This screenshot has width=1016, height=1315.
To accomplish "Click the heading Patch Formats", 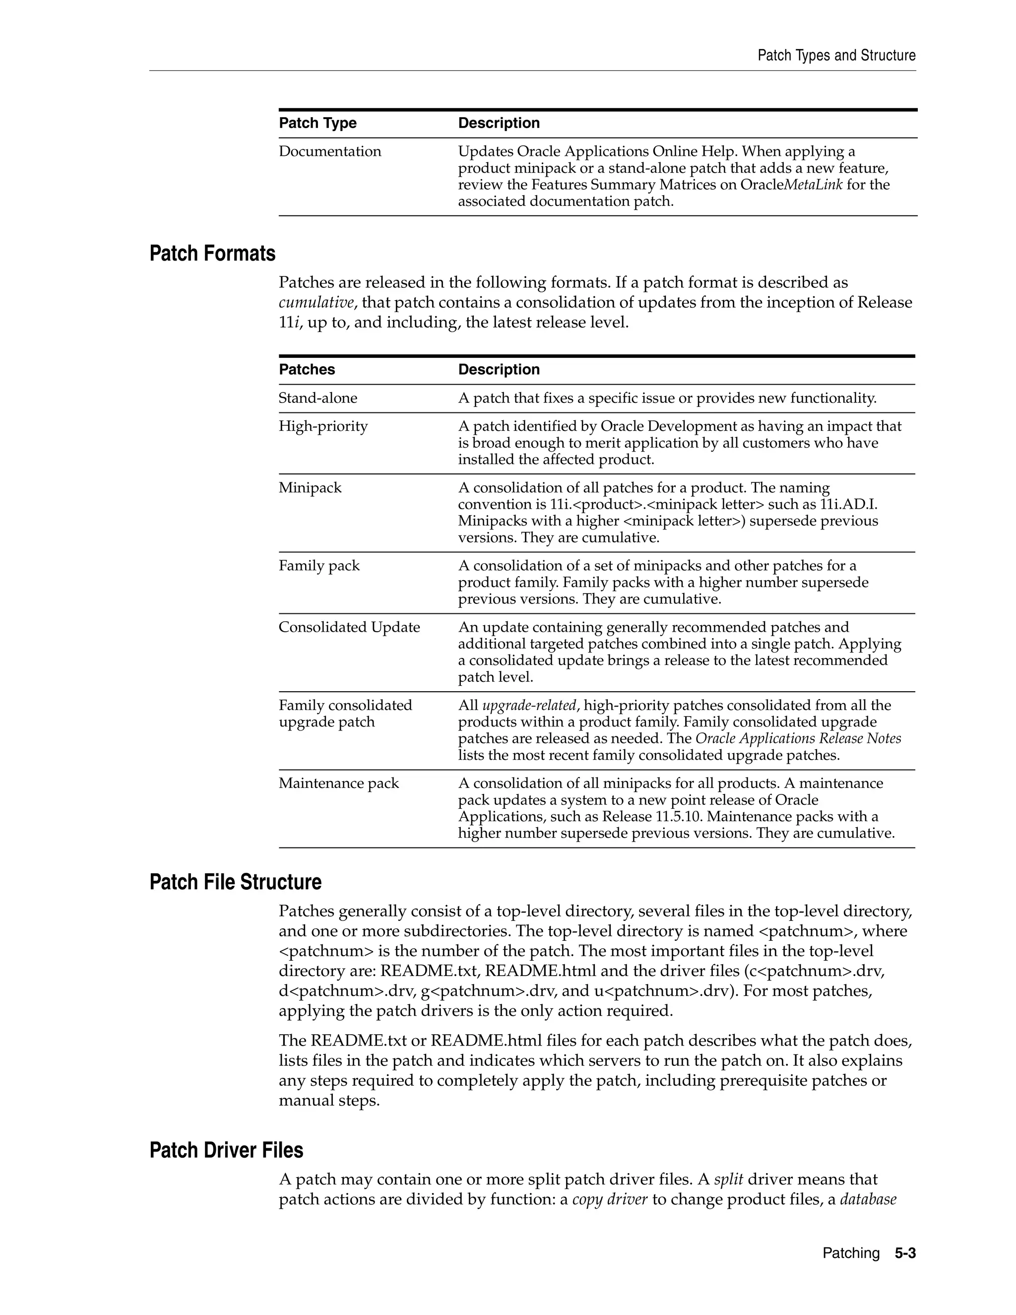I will (x=212, y=254).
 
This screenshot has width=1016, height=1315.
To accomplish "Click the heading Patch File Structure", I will (x=235, y=882).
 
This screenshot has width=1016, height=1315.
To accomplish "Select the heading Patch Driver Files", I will (x=226, y=1150).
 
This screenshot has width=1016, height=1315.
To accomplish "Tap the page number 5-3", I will (x=905, y=1253).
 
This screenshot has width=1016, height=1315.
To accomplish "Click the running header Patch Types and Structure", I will (x=836, y=56).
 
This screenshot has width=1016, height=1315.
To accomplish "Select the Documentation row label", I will (x=329, y=151).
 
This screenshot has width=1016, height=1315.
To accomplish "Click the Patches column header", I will (x=307, y=369).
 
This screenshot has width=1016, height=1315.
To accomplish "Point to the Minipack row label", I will (x=310, y=488).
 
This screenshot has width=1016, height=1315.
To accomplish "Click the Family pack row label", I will (x=318, y=566).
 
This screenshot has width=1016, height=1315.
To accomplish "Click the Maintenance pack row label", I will (x=338, y=784).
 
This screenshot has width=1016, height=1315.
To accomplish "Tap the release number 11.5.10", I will (x=680, y=817).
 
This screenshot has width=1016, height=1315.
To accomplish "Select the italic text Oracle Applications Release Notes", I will (x=798, y=739).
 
